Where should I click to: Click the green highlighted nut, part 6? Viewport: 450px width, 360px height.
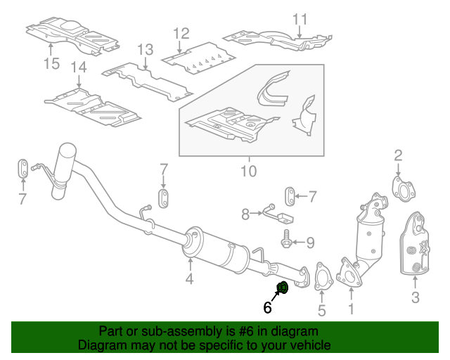283,287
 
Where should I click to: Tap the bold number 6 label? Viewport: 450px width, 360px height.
267,307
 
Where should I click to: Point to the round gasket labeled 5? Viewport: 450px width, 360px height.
322,276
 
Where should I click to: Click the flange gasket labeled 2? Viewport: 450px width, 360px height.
401,189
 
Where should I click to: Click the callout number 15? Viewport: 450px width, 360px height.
51,63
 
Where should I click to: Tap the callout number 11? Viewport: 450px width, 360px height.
300,19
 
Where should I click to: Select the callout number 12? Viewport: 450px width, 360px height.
181,32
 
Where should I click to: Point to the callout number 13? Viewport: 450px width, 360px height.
145,49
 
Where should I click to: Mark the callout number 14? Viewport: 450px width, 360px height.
78,67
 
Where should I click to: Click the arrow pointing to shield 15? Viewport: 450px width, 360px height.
51,48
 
